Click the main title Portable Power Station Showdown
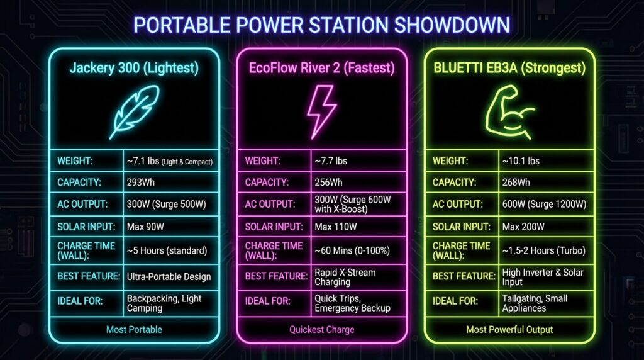pos(321,25)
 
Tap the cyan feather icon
pos(134,111)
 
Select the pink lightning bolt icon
pos(321,111)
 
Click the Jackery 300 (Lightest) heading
pos(134,68)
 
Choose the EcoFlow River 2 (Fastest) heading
pos(321,68)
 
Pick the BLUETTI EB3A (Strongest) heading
pos(509,68)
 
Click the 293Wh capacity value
pos(142,183)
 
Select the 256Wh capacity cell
pos(329,183)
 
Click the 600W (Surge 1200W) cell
pos(545,204)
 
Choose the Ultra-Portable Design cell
pos(169,276)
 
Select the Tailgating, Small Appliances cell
pos(535,303)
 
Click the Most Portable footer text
pos(134,329)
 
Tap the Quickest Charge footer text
pos(321,329)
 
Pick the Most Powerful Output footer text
pos(509,329)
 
